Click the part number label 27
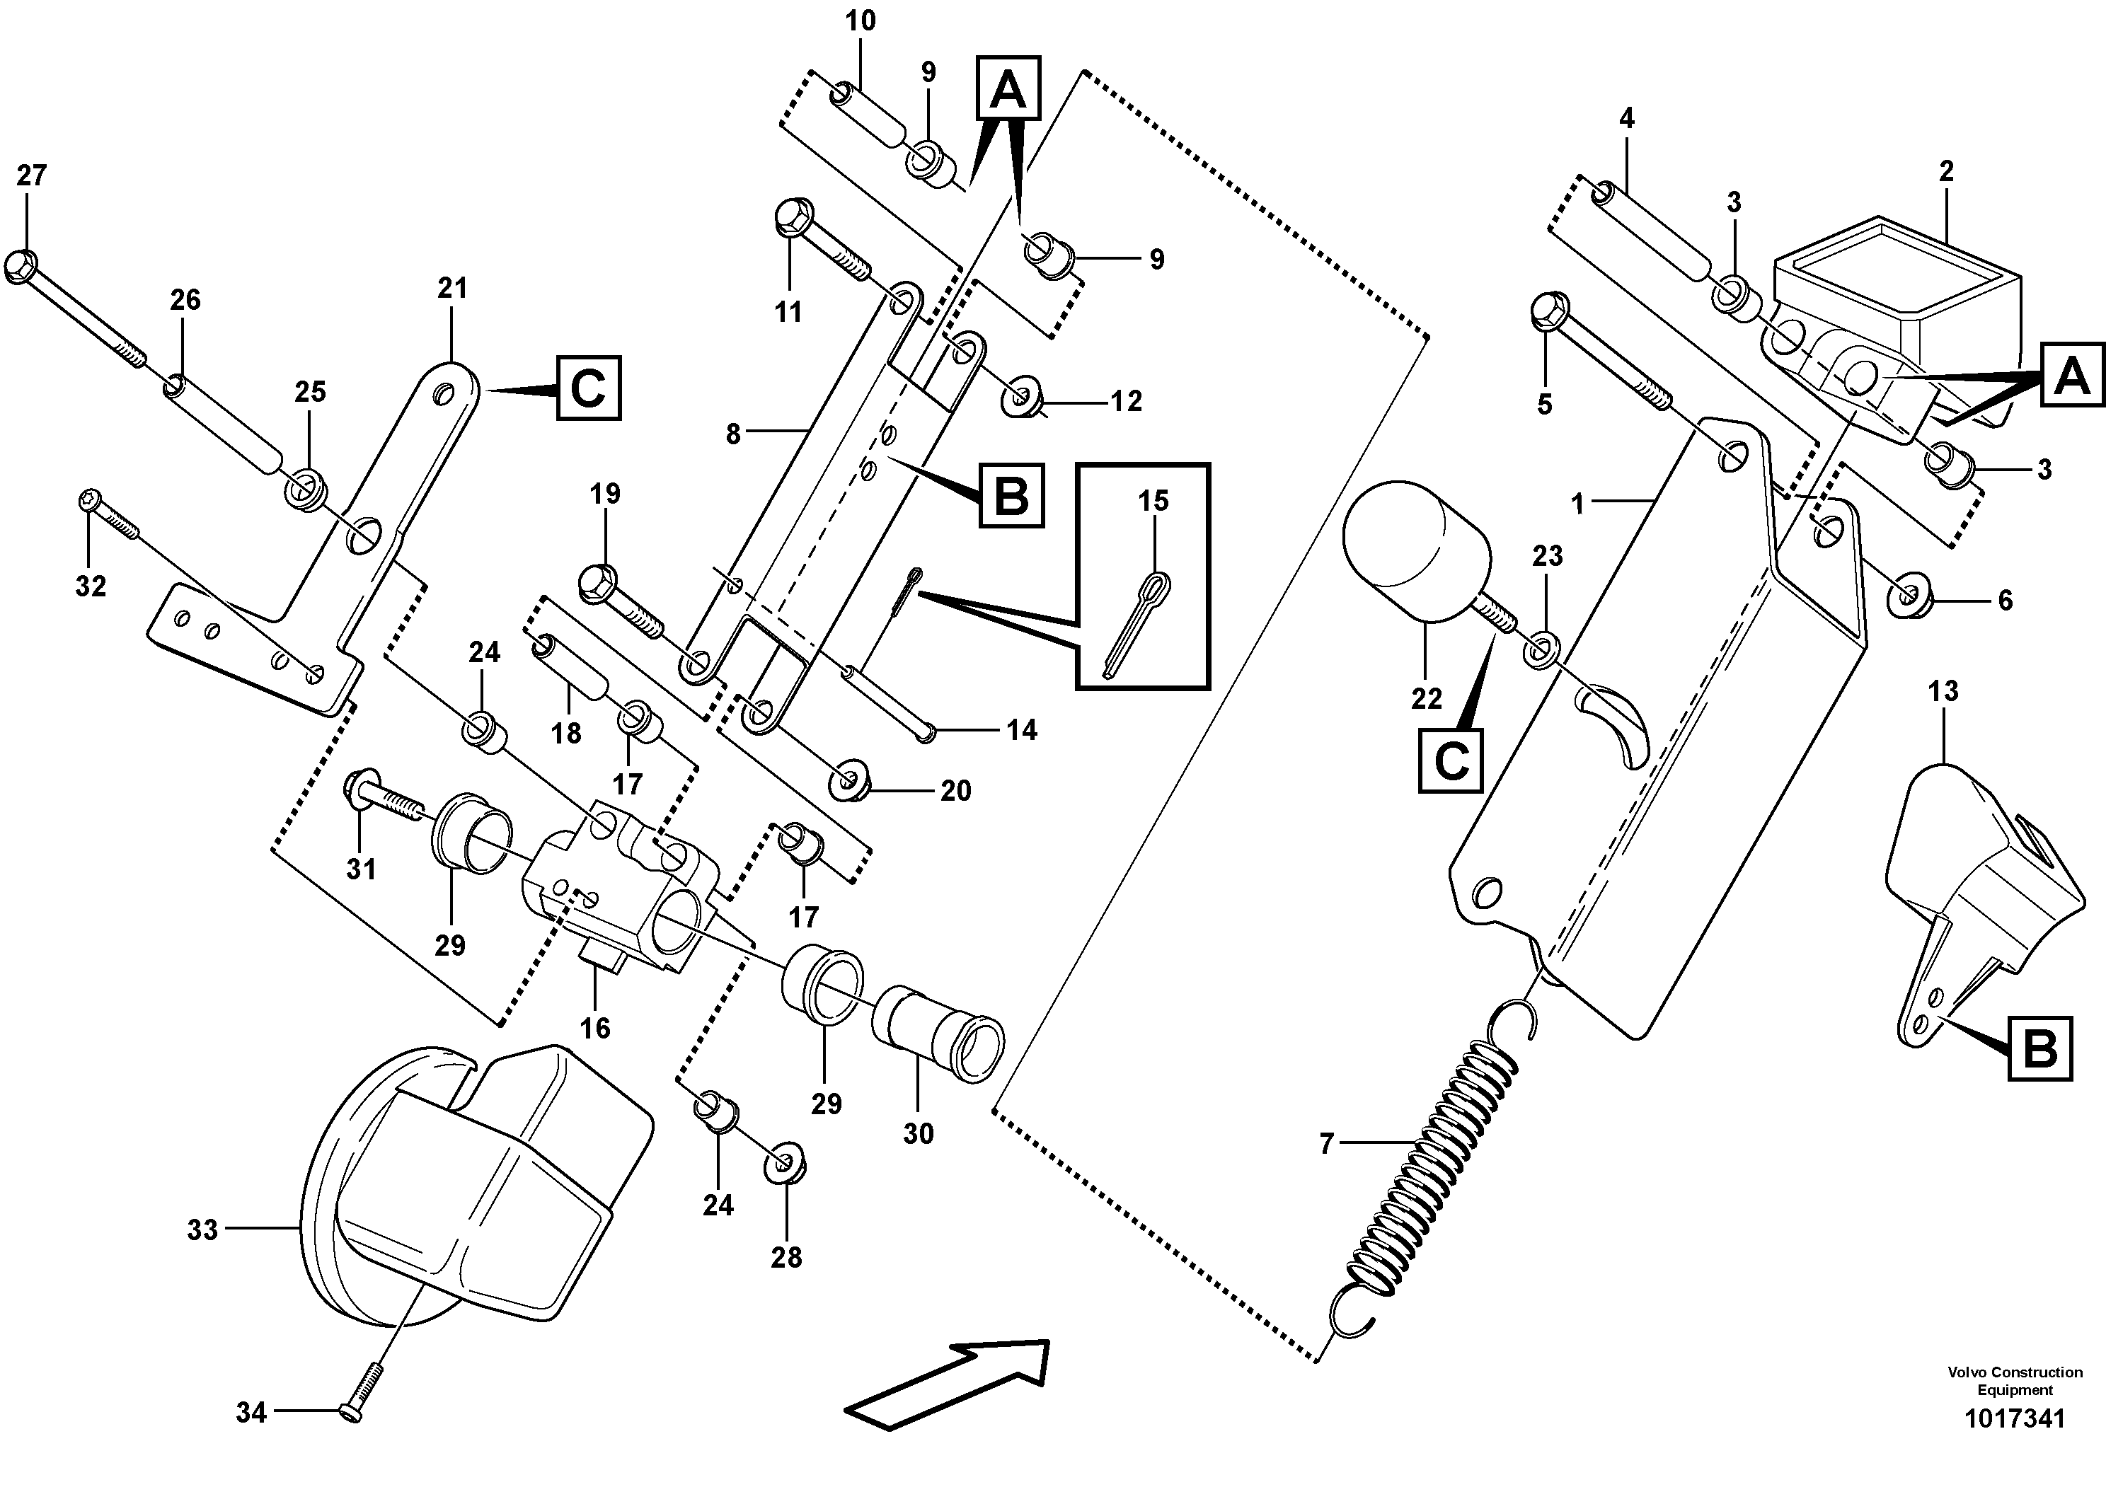[31, 175]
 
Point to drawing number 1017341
[2014, 1419]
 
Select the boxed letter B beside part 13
[2040, 1048]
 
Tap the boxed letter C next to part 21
[588, 388]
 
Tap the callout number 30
[918, 1134]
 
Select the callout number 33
[202, 1230]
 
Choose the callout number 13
[1943, 691]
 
